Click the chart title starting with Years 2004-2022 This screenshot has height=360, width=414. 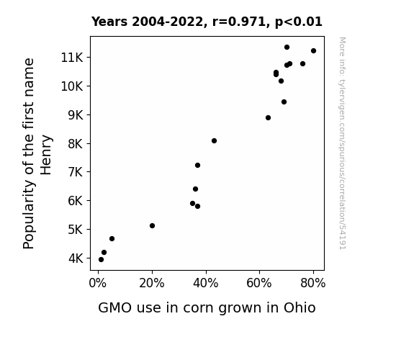pos(207,22)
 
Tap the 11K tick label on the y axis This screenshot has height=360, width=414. pos(72,58)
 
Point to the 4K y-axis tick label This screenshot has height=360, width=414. pos(76,258)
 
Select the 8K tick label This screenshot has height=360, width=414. pos(76,144)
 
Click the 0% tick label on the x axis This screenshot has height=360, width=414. pos(98,283)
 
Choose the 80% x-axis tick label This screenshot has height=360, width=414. pos(313,283)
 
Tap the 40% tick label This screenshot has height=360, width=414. pos(206,283)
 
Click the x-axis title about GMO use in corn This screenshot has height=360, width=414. pos(207,308)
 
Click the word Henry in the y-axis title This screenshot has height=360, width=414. pos(46,155)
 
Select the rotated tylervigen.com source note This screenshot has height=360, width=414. pos(342,143)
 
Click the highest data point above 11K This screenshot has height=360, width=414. pos(287,48)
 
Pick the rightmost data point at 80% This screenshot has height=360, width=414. pos(313,50)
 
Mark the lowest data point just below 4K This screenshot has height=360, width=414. pos(101,260)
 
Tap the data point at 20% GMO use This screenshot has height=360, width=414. pos(152,225)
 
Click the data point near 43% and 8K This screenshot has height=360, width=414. pos(214,141)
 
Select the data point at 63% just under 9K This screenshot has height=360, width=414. pos(268,118)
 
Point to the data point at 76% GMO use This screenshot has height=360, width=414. pos(302,63)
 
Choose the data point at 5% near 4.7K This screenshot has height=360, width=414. pos(112,239)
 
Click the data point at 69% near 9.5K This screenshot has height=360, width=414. pos(284,102)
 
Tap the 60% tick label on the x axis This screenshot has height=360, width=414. pos(259,283)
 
